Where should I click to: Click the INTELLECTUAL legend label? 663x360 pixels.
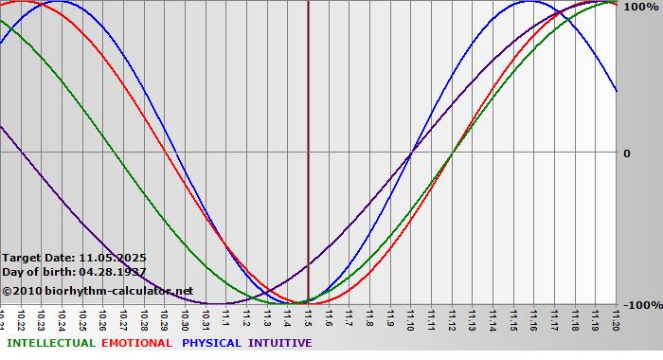click(x=51, y=343)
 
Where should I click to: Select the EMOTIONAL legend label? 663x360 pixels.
click(x=136, y=343)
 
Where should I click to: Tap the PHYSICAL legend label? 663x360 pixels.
click(x=212, y=343)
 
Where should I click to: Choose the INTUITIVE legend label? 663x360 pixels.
click(x=280, y=343)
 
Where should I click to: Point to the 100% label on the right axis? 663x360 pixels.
click(x=639, y=7)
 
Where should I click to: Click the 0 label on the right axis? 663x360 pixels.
click(x=626, y=153)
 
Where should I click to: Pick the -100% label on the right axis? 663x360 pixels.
click(x=641, y=305)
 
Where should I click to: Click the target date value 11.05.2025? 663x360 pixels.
click(x=113, y=258)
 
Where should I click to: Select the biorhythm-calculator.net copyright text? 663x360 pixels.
click(x=98, y=291)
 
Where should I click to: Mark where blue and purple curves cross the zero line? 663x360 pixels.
click(x=410, y=152)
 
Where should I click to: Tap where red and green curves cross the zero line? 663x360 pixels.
click(x=452, y=152)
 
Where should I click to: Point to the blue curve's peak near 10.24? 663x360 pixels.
click(x=59, y=2)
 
